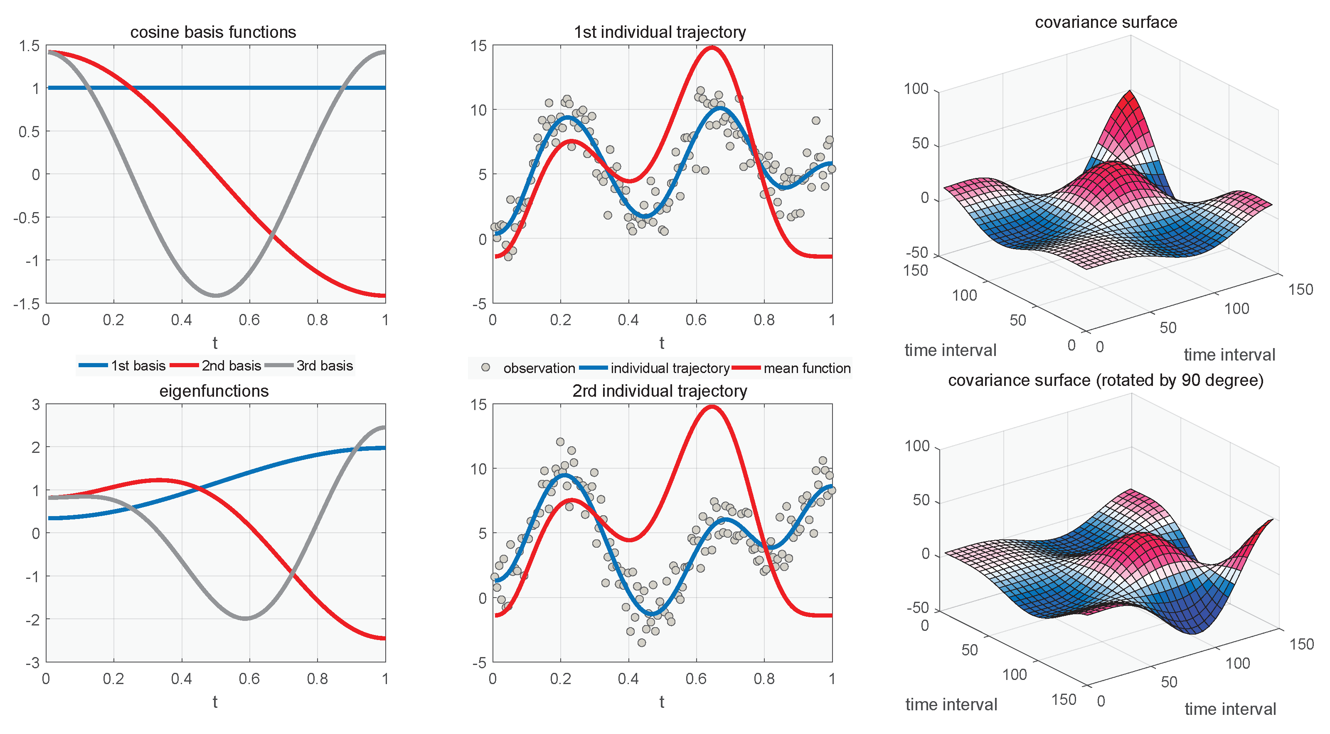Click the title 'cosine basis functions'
213,32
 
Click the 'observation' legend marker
485,368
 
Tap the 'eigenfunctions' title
214,391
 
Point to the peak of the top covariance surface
1130,92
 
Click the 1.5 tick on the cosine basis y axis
29,46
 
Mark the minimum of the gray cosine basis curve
216,295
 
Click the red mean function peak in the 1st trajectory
712,47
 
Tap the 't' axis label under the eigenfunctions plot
215,702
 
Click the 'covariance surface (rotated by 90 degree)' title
1106,380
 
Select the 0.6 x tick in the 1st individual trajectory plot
696,320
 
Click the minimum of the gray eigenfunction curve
246,618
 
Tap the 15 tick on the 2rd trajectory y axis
479,405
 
